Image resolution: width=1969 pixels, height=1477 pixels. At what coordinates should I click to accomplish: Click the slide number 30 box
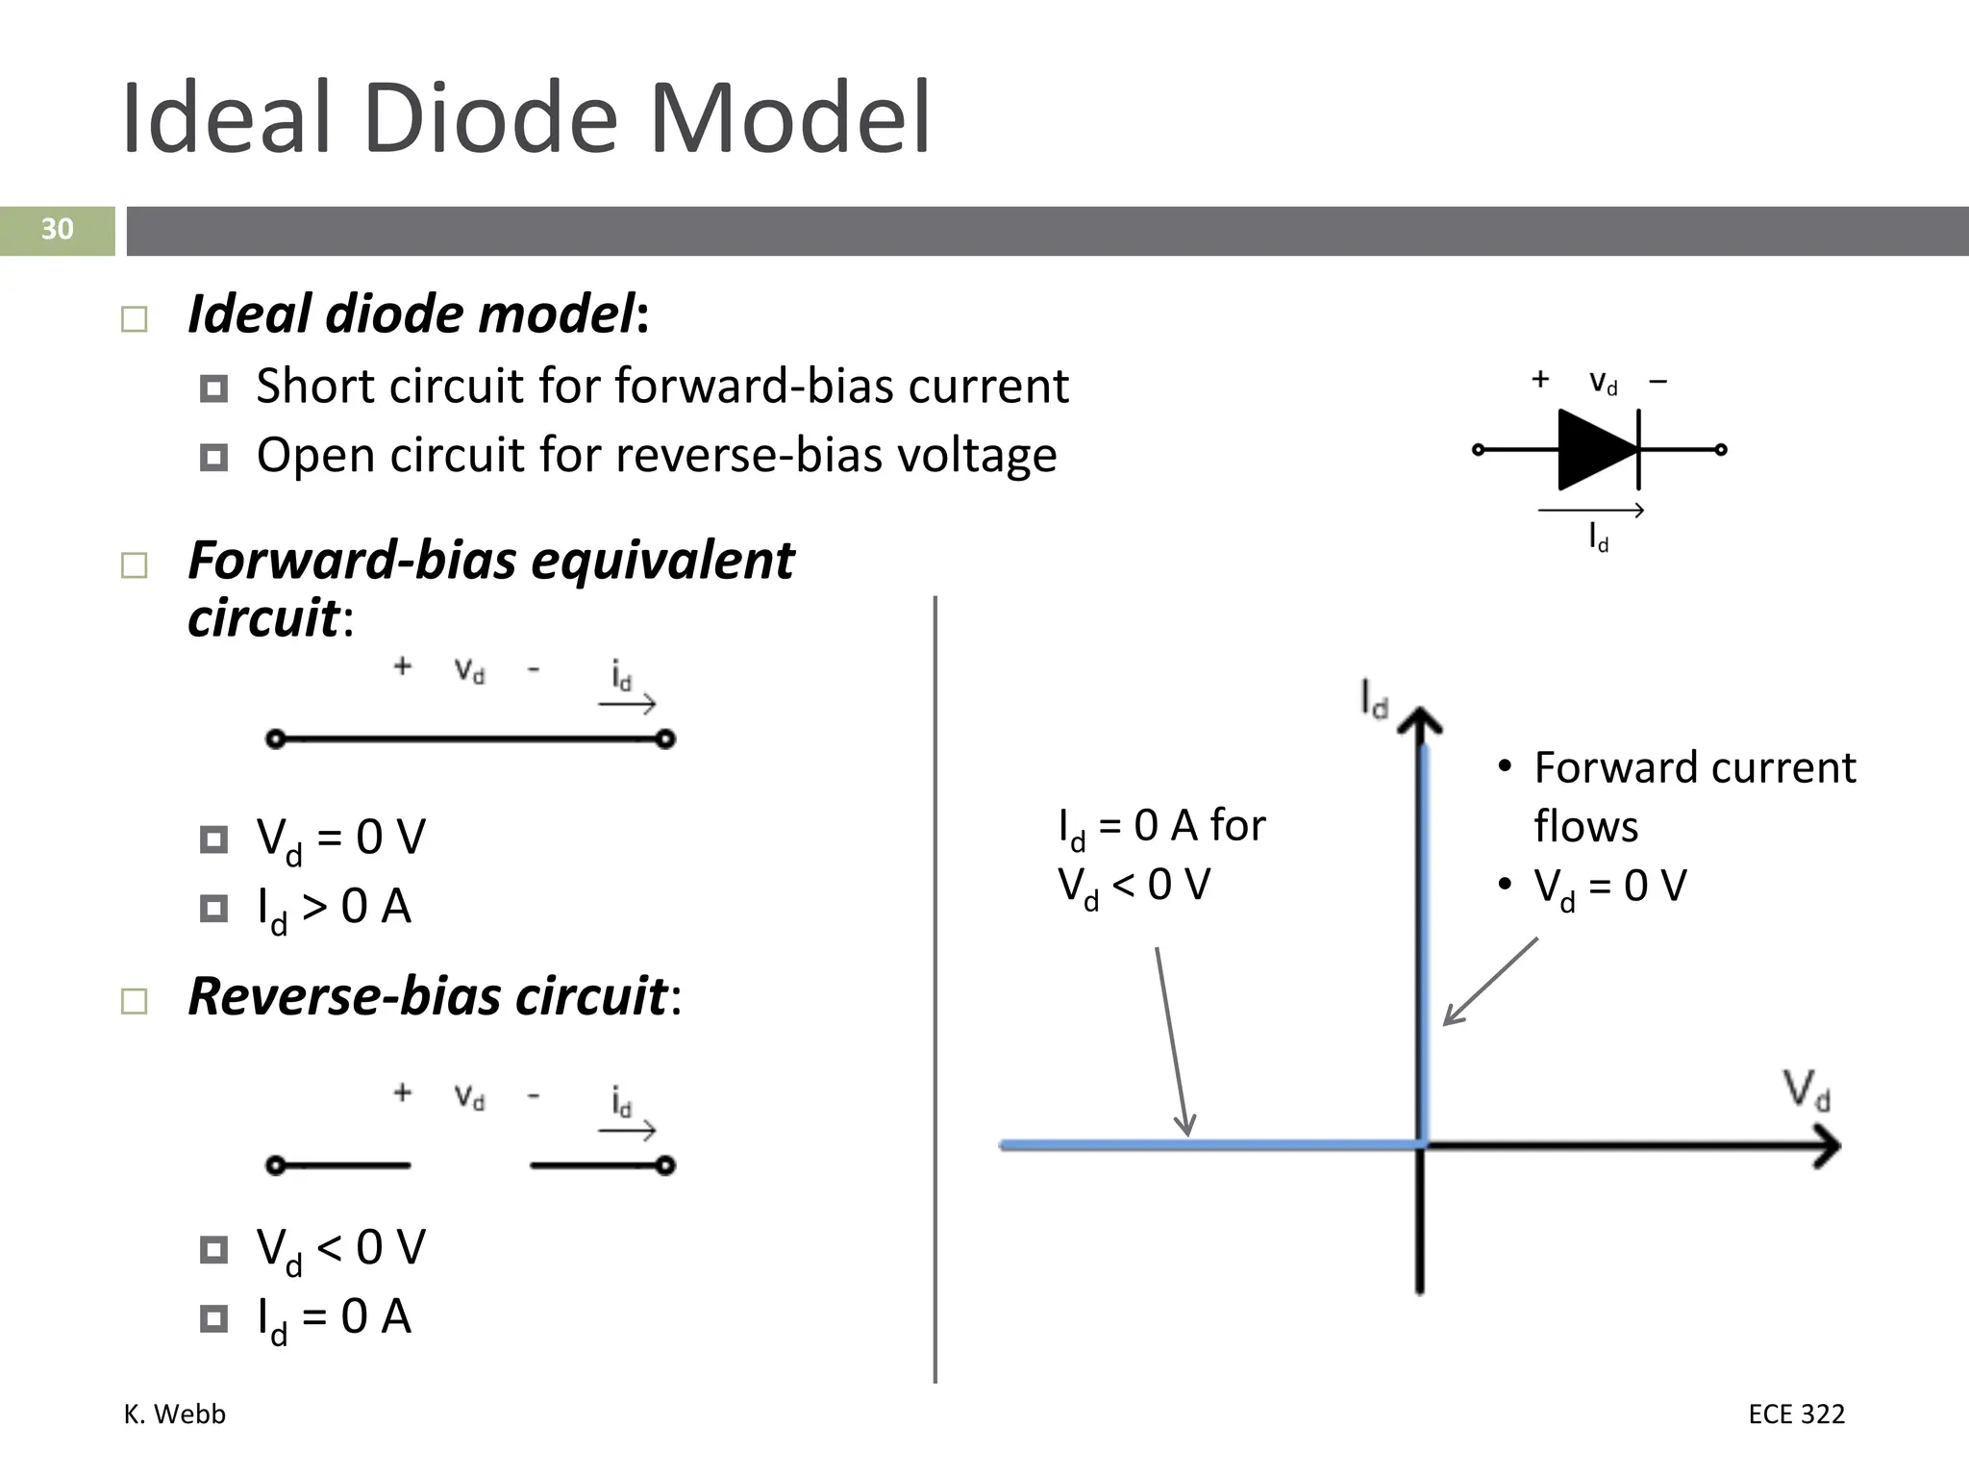(57, 230)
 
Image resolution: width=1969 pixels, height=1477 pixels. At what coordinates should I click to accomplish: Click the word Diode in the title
(490, 118)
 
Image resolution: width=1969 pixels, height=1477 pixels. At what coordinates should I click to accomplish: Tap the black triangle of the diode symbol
(1592, 449)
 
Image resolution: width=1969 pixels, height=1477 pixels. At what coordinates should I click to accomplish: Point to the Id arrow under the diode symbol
(1591, 512)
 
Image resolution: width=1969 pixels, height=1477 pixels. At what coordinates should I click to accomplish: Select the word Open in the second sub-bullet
(314, 456)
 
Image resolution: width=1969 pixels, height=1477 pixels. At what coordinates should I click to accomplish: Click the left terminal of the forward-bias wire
(276, 738)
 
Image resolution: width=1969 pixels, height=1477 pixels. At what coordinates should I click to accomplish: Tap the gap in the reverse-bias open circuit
(470, 1165)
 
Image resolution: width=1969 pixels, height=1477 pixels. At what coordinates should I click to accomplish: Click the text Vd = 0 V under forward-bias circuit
(340, 839)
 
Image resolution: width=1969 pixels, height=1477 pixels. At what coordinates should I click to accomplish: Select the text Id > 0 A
(334, 908)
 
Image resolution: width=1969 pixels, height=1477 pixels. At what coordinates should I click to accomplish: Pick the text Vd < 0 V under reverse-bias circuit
(340, 1249)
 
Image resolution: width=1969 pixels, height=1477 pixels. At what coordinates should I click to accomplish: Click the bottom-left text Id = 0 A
(334, 1318)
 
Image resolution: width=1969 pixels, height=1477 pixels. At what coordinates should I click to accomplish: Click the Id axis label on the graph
(1374, 699)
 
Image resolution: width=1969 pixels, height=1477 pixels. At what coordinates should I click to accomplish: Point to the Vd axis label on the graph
(1807, 1089)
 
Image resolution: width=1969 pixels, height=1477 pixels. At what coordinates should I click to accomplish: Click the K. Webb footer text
(174, 1414)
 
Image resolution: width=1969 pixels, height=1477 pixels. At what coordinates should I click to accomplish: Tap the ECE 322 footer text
(1796, 1414)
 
